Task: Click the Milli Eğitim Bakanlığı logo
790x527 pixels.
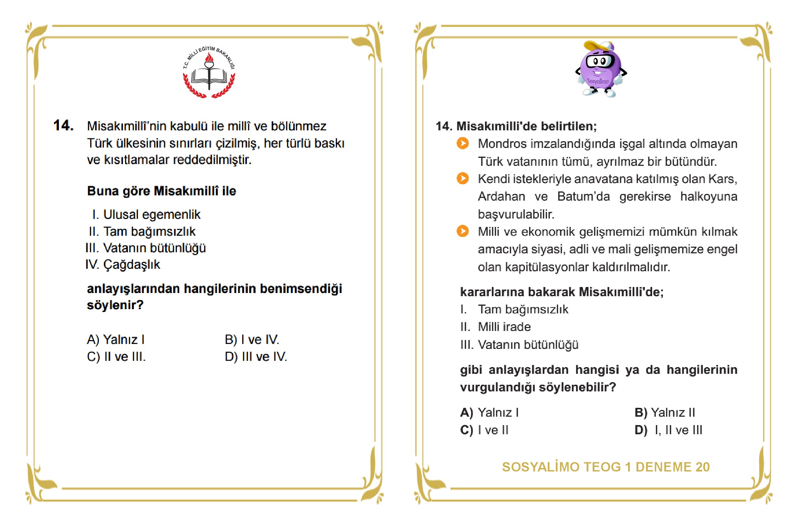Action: [x=209, y=72]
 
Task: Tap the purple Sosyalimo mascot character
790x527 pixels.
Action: [x=601, y=70]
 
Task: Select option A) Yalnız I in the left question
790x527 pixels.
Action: [x=116, y=339]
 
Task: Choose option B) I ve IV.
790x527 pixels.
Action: [x=252, y=339]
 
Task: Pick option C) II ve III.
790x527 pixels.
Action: [x=116, y=357]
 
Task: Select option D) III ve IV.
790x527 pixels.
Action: [x=256, y=357]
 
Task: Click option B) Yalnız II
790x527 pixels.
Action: [x=665, y=412]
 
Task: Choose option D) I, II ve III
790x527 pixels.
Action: [x=668, y=430]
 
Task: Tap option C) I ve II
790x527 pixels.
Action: [x=484, y=430]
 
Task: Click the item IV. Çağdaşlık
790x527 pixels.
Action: [x=123, y=265]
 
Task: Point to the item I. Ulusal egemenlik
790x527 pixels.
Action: [x=146, y=214]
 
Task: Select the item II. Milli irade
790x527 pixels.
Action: [x=495, y=327]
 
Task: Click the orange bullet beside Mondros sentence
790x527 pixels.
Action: [x=463, y=143]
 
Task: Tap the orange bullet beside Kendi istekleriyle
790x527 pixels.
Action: [x=463, y=178]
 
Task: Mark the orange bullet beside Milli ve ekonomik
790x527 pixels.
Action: [x=463, y=231]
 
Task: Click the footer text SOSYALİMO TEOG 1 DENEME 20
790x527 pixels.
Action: [x=606, y=467]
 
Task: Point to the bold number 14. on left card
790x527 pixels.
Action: [x=64, y=125]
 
